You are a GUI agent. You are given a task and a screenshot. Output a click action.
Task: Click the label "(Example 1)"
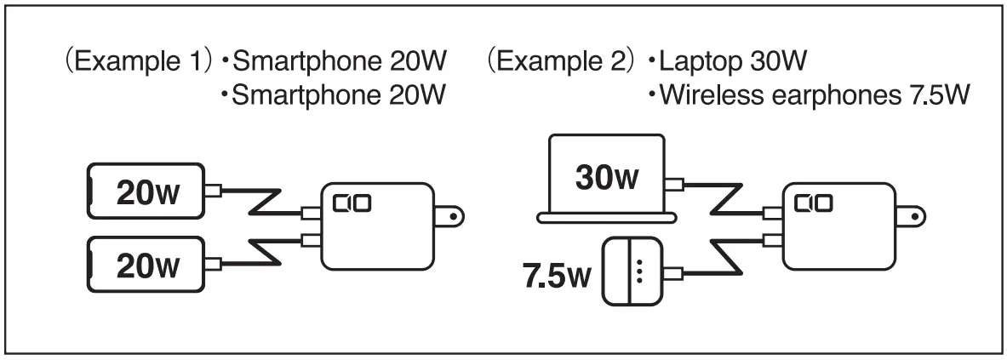(x=136, y=63)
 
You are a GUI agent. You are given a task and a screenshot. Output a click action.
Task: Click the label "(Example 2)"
(x=562, y=63)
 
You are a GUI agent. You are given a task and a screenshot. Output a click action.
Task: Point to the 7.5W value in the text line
(x=934, y=94)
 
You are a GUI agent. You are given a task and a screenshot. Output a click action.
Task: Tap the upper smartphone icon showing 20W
(x=146, y=191)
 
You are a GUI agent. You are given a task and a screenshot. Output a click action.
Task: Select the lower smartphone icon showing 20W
(x=146, y=266)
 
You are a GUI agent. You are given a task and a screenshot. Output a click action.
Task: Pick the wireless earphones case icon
(x=632, y=272)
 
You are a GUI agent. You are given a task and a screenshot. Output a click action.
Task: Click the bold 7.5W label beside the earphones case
(x=556, y=277)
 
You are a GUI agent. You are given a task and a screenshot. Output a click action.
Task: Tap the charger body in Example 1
(x=376, y=228)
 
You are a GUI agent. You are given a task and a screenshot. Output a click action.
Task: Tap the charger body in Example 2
(x=838, y=228)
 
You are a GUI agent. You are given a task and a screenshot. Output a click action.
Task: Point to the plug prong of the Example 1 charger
(x=455, y=216)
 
